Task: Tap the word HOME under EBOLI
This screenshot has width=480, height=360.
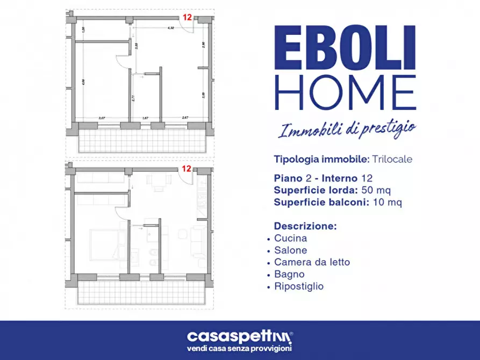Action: point(344,92)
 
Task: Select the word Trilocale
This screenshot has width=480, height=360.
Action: point(391,160)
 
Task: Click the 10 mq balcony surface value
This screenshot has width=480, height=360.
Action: point(388,202)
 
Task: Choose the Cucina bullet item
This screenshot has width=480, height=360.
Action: point(290,238)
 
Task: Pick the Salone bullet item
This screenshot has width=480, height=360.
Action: point(290,250)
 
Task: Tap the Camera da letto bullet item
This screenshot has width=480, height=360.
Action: point(312,262)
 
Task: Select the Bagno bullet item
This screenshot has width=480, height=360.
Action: point(289,274)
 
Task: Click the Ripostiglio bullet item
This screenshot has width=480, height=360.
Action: point(299,286)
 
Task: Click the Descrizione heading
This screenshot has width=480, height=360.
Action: point(305,226)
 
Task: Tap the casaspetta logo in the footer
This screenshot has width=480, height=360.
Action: point(240,337)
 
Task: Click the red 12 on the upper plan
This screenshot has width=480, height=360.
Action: point(187,17)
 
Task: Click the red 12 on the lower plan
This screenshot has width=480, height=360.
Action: point(187,168)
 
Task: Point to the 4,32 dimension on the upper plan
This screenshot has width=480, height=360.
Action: point(170,27)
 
